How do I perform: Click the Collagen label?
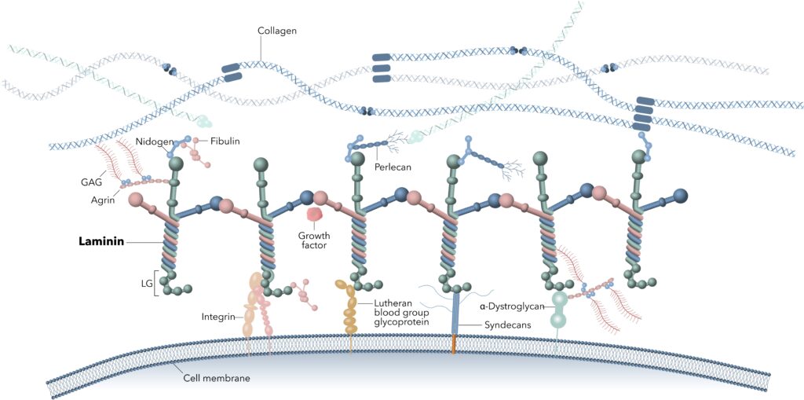[x=277, y=31]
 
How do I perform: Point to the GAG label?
[x=92, y=183]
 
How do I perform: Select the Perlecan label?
[x=393, y=167]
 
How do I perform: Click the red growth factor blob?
[x=314, y=215]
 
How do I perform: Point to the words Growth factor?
[x=313, y=240]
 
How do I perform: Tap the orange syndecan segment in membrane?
[x=453, y=343]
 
